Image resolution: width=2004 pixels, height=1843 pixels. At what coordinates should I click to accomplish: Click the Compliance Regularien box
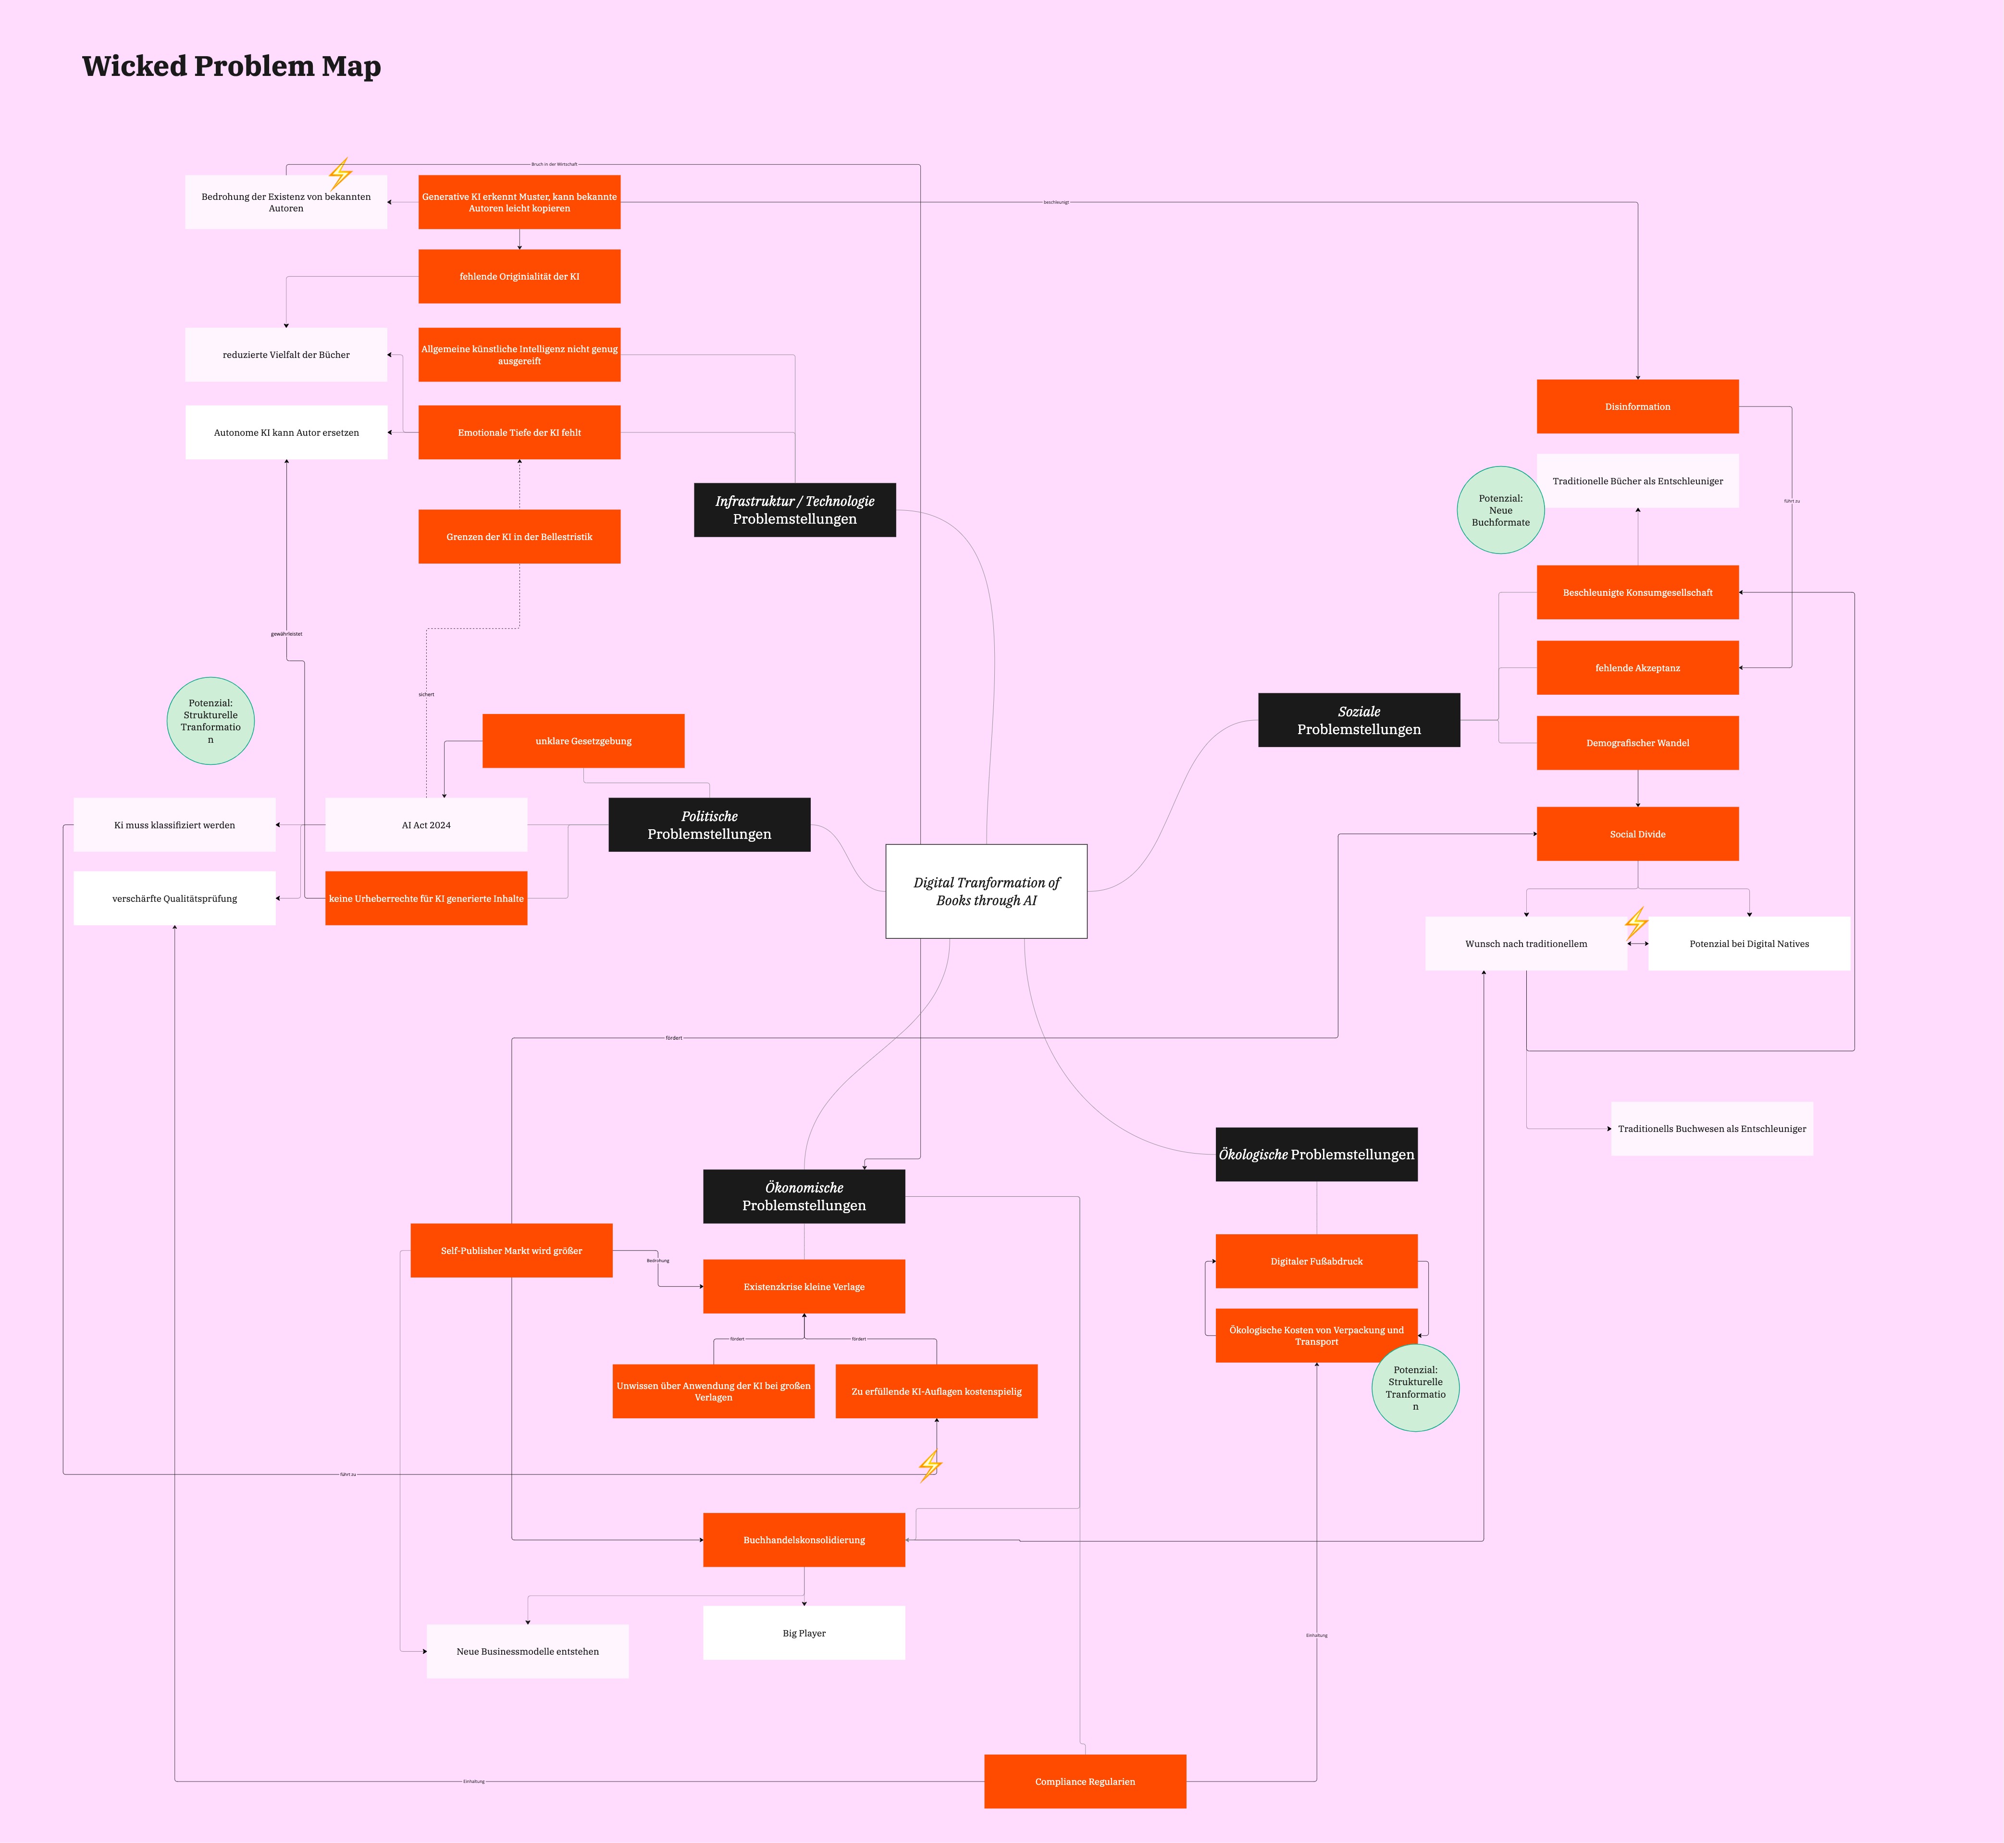pyautogui.click(x=1084, y=1781)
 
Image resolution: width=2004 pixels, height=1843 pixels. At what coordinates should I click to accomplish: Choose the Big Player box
pyautogui.click(x=804, y=1633)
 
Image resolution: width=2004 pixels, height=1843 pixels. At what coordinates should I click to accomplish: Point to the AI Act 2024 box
pyautogui.click(x=426, y=825)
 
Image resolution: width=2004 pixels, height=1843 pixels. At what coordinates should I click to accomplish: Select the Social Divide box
pyautogui.click(x=1637, y=834)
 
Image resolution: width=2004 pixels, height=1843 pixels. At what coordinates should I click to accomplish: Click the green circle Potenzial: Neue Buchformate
pyautogui.click(x=1500, y=510)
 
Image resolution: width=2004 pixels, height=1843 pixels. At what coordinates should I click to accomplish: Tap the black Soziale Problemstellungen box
pyautogui.click(x=1359, y=720)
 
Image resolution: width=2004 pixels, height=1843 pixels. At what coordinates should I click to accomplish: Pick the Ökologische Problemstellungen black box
pyautogui.click(x=1316, y=1154)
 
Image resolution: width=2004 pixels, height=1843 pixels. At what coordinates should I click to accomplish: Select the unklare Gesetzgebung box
pyautogui.click(x=582, y=741)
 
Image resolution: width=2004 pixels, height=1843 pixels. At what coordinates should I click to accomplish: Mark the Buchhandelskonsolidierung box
pyautogui.click(x=804, y=1540)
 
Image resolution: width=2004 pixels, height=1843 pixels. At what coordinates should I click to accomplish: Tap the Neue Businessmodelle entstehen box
pyautogui.click(x=527, y=1651)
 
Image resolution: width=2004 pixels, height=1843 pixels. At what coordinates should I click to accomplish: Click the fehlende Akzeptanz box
pyautogui.click(x=1637, y=667)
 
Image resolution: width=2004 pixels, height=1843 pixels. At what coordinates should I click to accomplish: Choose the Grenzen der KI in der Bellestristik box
pyautogui.click(x=519, y=537)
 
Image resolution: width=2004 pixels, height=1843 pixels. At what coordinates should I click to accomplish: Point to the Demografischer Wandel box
pyautogui.click(x=1637, y=743)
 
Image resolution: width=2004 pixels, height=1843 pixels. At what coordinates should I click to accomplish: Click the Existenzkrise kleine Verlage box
pyautogui.click(x=804, y=1287)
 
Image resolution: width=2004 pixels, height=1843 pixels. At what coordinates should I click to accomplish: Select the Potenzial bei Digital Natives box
pyautogui.click(x=1749, y=944)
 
